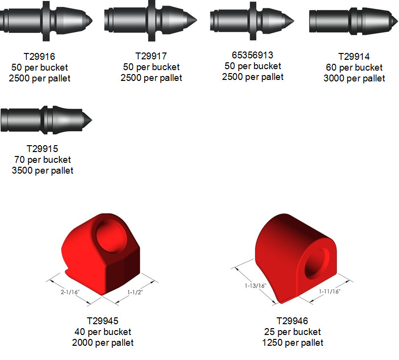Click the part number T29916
coord(39,56)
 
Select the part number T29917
coord(151,56)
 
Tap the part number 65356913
coord(252,55)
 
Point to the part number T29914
coord(354,56)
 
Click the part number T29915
coord(43,149)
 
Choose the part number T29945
coord(103,321)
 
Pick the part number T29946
coord(292,321)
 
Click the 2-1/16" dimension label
coord(70,292)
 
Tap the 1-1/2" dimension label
coord(135,292)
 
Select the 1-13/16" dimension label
coord(255,285)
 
